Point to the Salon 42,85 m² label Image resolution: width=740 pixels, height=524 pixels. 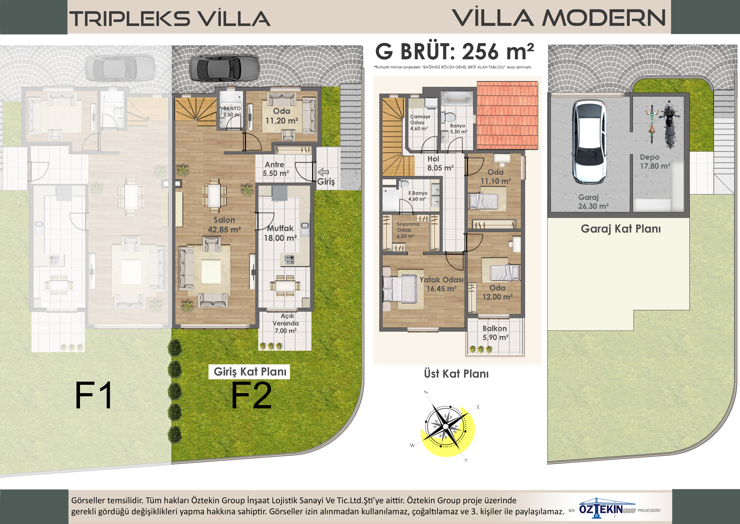pos(224,225)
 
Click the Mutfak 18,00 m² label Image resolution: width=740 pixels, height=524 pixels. pos(280,233)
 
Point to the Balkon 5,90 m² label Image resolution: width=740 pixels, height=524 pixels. pos(495,333)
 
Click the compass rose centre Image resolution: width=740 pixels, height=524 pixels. pos(446,427)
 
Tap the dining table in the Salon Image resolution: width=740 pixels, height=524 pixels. pos(214,195)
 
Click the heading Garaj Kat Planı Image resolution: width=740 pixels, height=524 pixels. pos(621,229)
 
